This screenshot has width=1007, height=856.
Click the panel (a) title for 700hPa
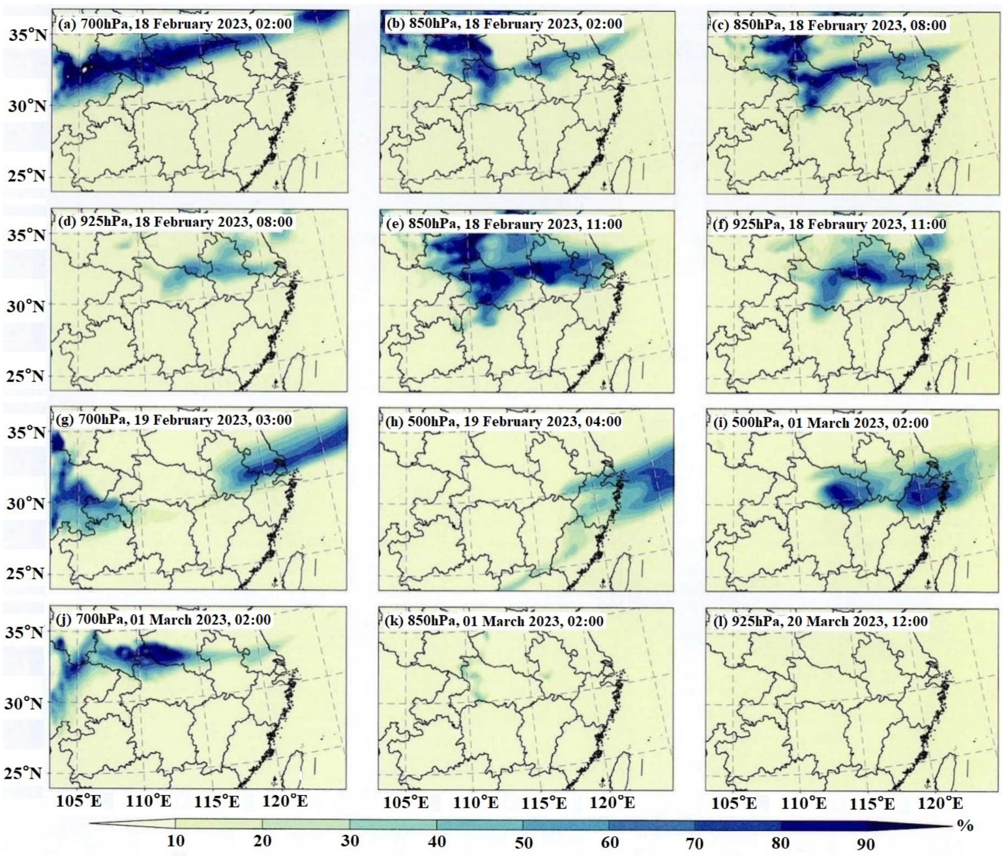[x=175, y=24]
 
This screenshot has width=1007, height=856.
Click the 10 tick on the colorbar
[x=176, y=840]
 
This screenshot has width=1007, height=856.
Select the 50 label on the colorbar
[x=524, y=842]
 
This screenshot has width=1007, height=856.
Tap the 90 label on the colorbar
[x=866, y=844]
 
